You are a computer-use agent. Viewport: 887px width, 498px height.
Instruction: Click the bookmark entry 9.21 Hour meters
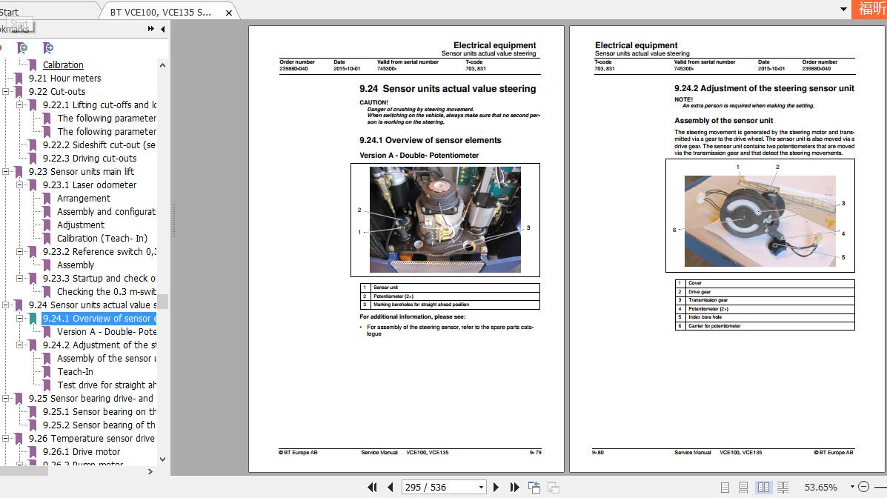click(64, 79)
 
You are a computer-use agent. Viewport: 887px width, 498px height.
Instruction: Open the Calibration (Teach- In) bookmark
click(102, 239)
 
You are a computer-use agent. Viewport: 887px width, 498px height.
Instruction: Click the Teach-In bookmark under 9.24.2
click(76, 372)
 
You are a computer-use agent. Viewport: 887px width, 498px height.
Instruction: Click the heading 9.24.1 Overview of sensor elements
click(430, 140)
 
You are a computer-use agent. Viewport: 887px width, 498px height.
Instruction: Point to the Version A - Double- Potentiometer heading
click(419, 156)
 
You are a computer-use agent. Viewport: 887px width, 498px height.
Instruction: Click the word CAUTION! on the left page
click(373, 102)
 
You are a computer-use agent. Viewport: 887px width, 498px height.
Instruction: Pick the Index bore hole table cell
click(705, 317)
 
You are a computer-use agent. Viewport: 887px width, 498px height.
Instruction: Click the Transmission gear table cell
click(708, 300)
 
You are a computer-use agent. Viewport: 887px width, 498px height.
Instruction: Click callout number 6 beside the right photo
click(674, 230)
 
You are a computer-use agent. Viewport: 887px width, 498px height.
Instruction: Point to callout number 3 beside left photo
click(528, 228)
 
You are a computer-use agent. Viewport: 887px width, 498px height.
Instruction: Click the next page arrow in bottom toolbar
click(496, 487)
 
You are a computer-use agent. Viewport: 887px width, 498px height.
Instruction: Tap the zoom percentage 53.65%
click(820, 487)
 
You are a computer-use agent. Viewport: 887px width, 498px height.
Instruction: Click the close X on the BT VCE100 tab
click(228, 13)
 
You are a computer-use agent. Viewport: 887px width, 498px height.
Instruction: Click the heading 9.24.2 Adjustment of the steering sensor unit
click(764, 88)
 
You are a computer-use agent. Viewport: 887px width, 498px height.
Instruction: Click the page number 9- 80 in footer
click(597, 452)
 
